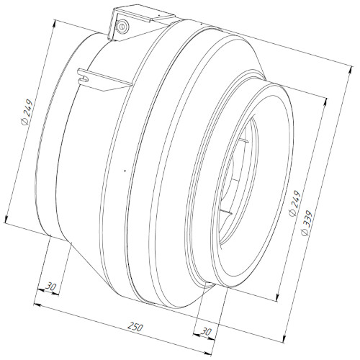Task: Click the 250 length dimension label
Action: point(135,327)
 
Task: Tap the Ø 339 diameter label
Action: point(307,222)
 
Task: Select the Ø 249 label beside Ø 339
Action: point(294,203)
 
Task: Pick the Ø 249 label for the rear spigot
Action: point(27,112)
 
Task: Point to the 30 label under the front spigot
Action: point(206,332)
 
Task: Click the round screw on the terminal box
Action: point(122,26)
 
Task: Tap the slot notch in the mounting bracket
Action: point(84,78)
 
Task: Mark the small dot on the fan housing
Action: point(125,171)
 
